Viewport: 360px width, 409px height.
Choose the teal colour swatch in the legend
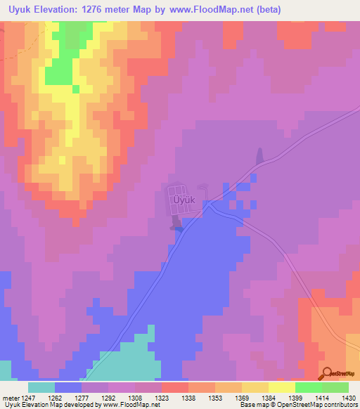tap(41, 387)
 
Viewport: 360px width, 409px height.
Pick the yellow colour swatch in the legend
tap(281, 387)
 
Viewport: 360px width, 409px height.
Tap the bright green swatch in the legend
tap(308, 387)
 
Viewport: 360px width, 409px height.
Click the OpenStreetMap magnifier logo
tap(326, 374)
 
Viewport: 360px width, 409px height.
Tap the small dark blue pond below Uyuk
tap(178, 226)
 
